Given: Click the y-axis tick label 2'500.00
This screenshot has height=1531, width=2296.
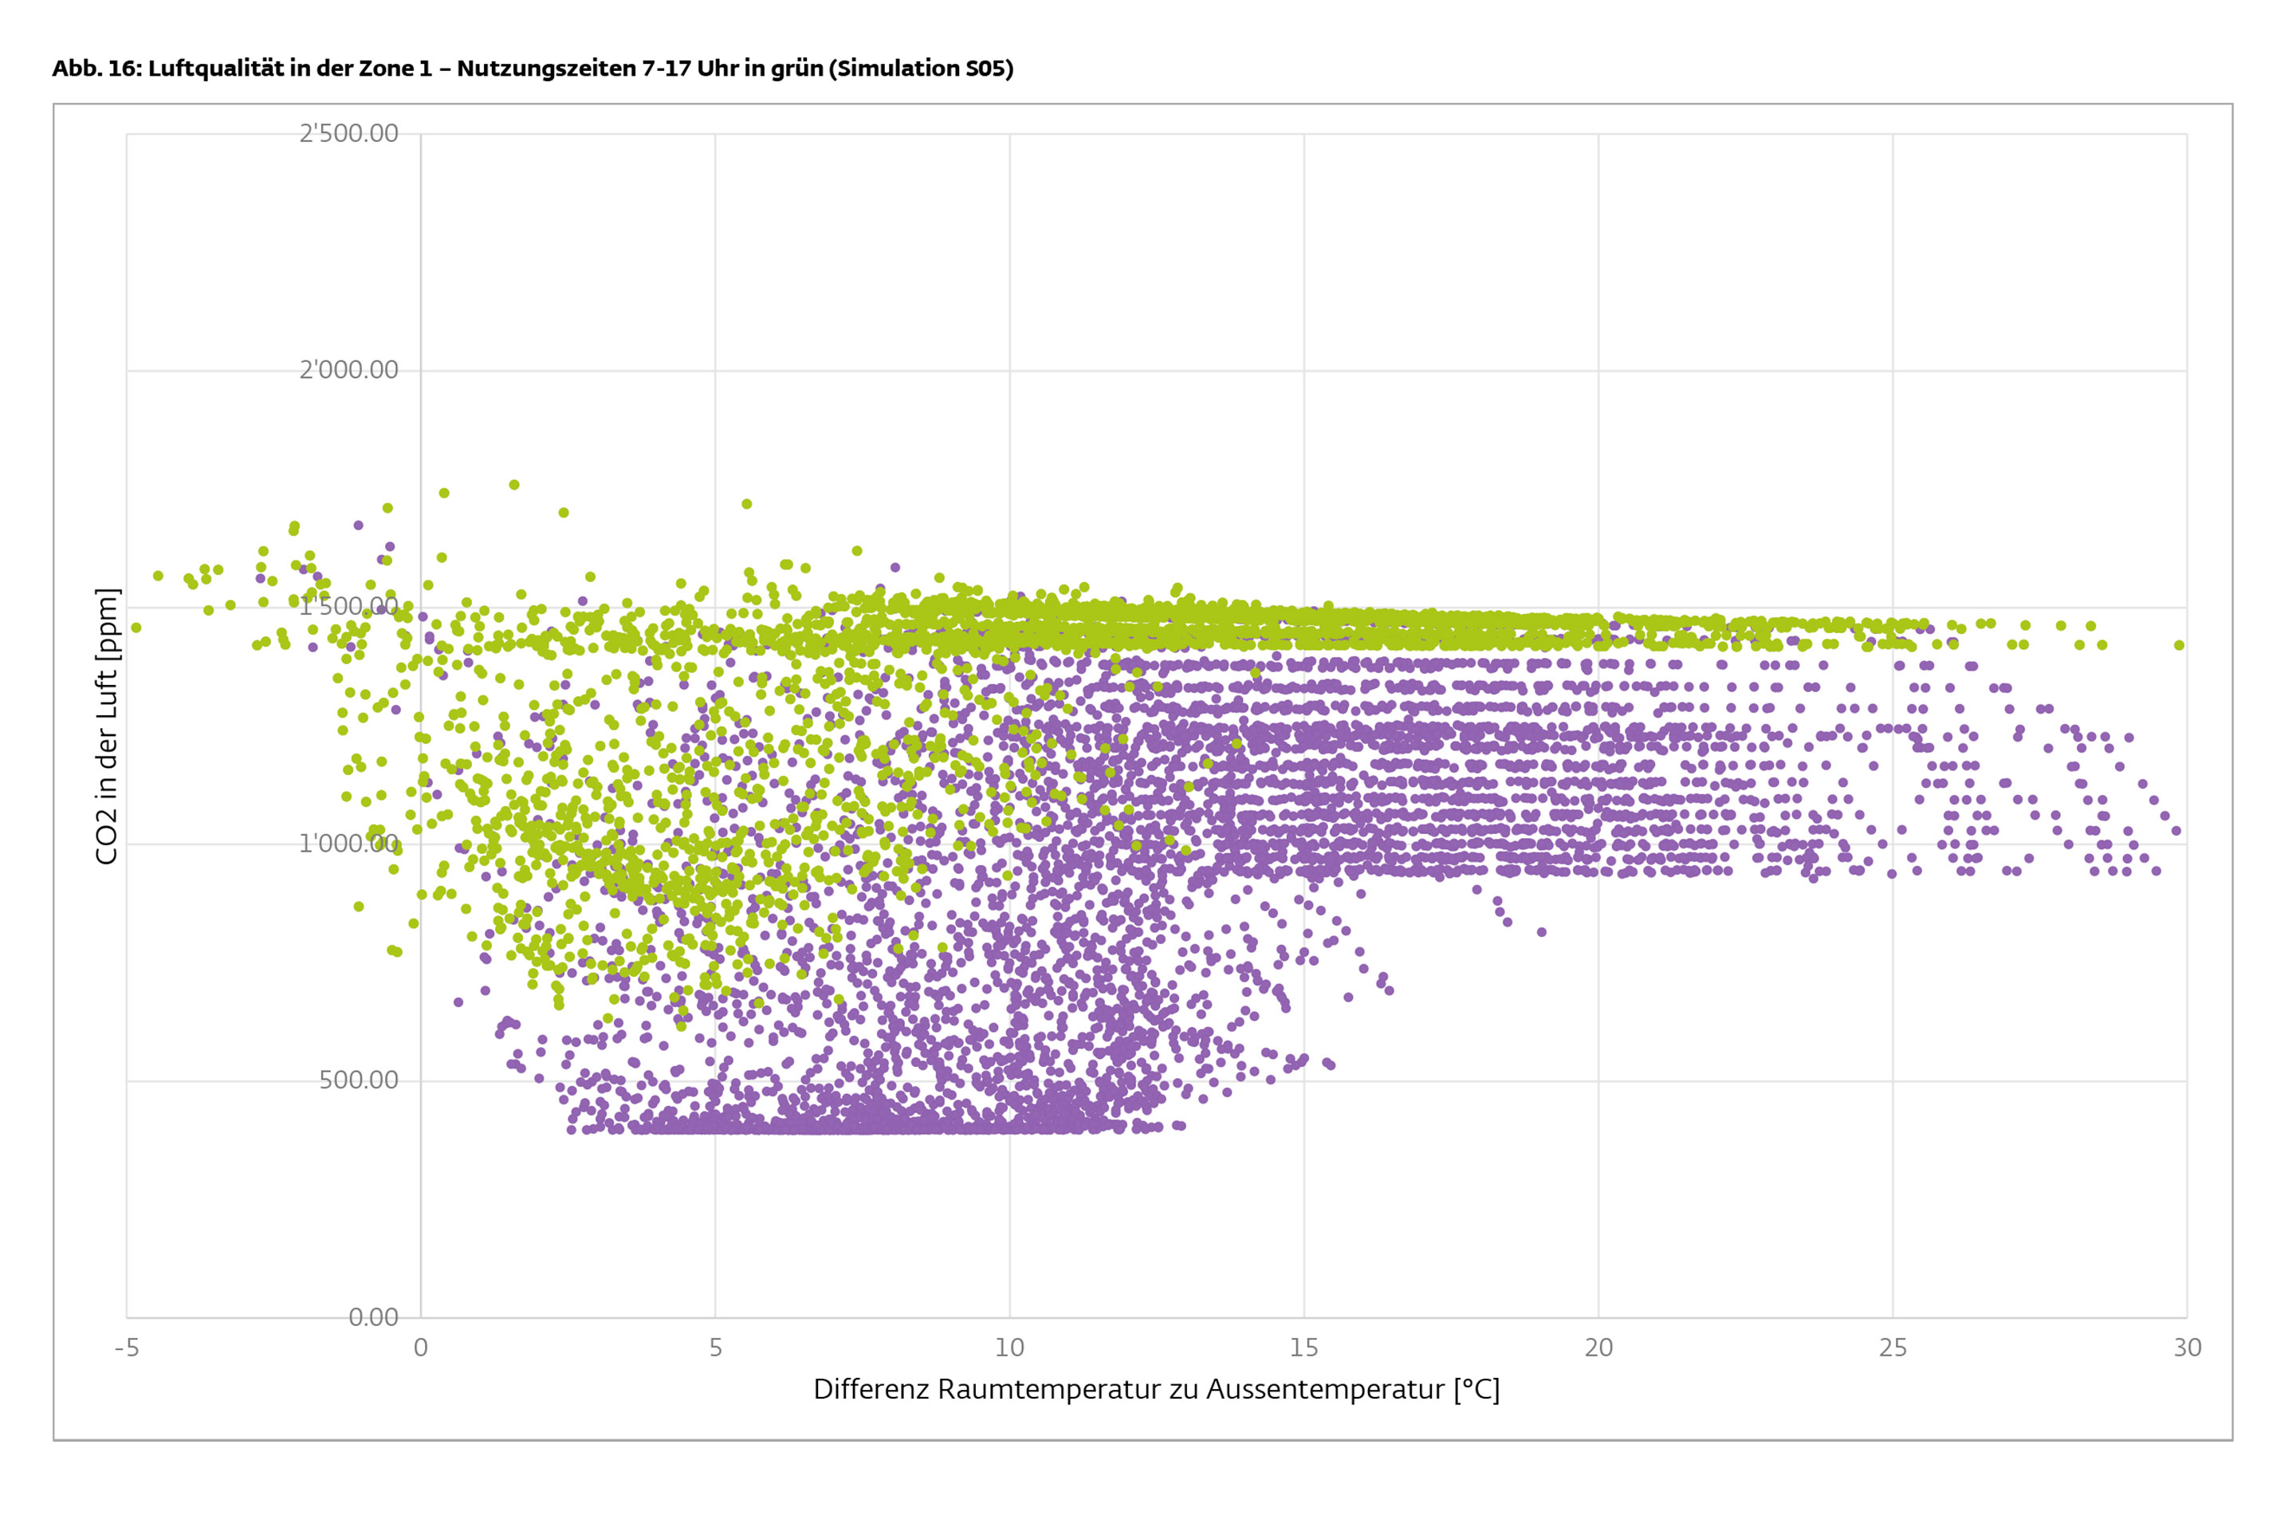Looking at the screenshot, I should click(x=348, y=133).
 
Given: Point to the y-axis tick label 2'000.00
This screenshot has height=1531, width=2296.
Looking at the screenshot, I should click(x=348, y=370).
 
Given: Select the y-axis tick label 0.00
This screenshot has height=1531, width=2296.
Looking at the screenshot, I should click(x=373, y=1317).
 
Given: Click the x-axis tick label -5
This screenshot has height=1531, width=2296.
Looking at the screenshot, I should click(x=127, y=1348).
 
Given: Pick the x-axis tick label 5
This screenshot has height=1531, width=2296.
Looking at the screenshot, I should click(x=716, y=1348).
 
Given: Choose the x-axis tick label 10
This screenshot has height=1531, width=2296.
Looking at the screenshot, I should click(x=1009, y=1348).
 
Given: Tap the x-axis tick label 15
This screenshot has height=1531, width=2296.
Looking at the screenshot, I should click(x=1304, y=1348).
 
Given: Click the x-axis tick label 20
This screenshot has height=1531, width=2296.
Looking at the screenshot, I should click(x=1598, y=1348).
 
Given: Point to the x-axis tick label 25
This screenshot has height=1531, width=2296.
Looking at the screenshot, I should click(x=1893, y=1348).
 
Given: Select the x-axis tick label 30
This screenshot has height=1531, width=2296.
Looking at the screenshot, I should click(x=2187, y=1348).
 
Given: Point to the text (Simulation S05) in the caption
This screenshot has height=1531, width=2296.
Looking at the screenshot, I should click(x=921, y=69).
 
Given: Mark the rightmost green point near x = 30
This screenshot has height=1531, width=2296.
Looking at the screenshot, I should click(x=2179, y=645).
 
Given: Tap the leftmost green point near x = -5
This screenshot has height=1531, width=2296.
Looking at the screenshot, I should click(x=136, y=628).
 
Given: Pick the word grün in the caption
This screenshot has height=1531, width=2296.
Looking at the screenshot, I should click(x=796, y=69).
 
